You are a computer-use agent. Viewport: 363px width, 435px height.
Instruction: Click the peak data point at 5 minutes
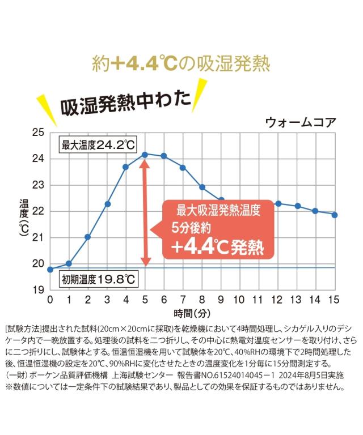[x=145, y=154]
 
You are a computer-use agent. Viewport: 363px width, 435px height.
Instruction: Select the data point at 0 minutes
[x=50, y=269]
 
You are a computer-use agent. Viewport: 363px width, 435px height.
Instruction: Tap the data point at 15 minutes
[x=335, y=215]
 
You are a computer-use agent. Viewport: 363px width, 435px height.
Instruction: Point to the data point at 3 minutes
[x=107, y=204]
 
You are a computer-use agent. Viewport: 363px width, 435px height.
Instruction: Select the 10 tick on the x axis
[x=239, y=300]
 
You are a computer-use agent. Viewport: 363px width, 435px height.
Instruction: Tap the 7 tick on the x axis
[x=183, y=300]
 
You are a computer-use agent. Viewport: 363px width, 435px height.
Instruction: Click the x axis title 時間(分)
[x=192, y=313]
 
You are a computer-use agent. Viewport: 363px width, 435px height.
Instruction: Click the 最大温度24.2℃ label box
[x=98, y=145]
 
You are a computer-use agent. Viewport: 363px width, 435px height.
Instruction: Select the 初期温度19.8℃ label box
[x=98, y=279]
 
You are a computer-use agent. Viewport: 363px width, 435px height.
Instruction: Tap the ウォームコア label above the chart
[x=300, y=122]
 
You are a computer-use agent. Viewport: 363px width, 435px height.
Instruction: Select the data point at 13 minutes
[x=297, y=206]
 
